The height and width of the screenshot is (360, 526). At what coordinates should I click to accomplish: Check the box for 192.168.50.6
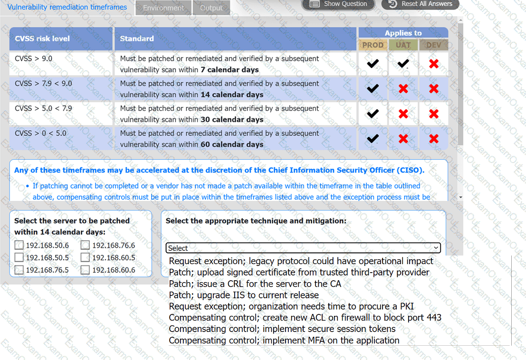point(19,246)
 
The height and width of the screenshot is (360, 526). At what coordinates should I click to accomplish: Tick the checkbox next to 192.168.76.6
point(85,246)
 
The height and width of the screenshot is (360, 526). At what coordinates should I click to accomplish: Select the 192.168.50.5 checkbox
point(19,257)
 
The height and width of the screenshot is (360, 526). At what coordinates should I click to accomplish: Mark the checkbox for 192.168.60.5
point(85,257)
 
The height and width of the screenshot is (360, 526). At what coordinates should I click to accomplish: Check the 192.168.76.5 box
point(19,270)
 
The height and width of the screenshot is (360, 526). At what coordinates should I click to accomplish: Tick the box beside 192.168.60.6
point(85,270)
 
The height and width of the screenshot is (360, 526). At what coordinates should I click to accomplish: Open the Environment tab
point(163,8)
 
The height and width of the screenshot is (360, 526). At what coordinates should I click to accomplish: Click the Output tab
point(211,8)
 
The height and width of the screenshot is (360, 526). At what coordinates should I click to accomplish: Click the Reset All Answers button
point(421,4)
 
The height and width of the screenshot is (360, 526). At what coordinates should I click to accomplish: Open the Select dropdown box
point(303,248)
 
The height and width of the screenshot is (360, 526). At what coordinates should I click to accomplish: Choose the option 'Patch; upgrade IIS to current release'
point(244,295)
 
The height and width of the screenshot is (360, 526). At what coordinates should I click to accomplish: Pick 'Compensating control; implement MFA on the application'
point(284,340)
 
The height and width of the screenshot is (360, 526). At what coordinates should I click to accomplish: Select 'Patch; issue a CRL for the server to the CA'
point(255,284)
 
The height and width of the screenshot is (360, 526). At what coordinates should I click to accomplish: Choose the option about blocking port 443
point(305,317)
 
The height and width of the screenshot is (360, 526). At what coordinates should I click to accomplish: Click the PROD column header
point(373,45)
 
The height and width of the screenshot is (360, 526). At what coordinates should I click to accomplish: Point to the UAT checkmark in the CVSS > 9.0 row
point(403,63)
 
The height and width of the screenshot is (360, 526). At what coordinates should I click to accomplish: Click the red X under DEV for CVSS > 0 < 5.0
point(433,138)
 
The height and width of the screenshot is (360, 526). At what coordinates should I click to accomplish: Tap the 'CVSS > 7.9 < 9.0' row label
point(43,84)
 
